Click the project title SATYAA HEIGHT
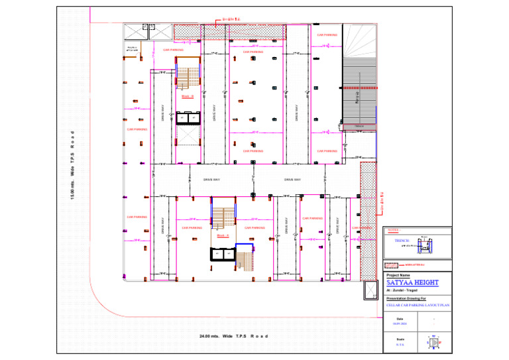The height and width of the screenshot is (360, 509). pyautogui.click(x=412, y=282)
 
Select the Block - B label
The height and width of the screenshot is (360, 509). pyautogui.click(x=188, y=97)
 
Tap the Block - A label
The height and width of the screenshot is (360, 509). pyautogui.click(x=223, y=235)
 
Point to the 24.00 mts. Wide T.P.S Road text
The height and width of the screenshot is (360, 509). pyautogui.click(x=234, y=336)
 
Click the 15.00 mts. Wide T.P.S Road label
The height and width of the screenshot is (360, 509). pyautogui.click(x=73, y=166)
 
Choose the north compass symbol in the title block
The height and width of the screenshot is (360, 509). pyautogui.click(x=433, y=343)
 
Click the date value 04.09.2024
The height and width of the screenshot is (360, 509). pyautogui.click(x=400, y=324)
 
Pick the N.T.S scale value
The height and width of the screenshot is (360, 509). pyautogui.click(x=400, y=345)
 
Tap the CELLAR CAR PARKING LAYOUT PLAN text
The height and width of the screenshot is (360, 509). pyautogui.click(x=418, y=306)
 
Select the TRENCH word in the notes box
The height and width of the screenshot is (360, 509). pyautogui.click(x=402, y=240)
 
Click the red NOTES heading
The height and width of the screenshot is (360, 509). pyautogui.click(x=393, y=230)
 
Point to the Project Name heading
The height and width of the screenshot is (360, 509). pyautogui.click(x=398, y=275)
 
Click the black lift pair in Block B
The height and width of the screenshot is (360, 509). pyautogui.click(x=188, y=117)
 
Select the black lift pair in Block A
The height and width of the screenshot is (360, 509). pyautogui.click(x=222, y=253)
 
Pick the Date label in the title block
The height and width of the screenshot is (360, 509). pyautogui.click(x=400, y=319)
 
